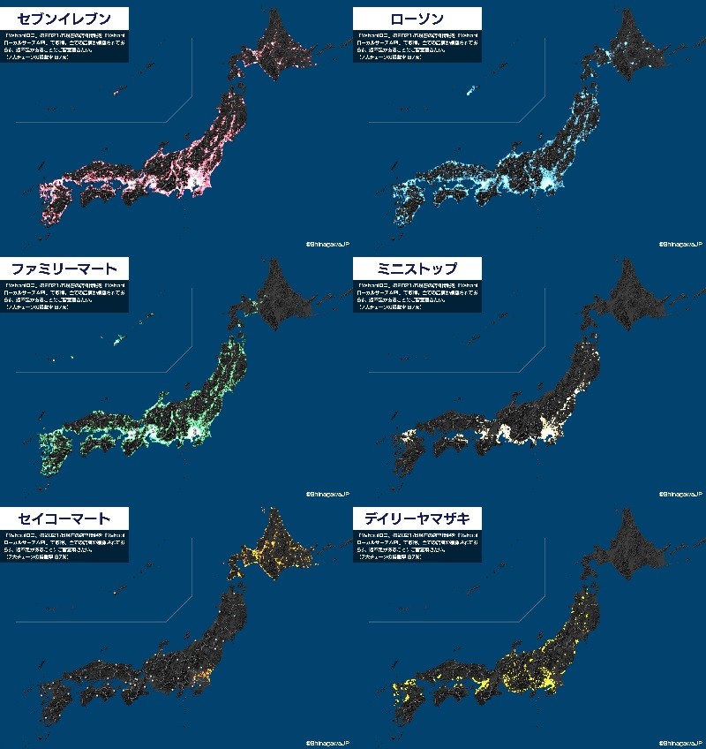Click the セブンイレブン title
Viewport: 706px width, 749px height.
click(65, 19)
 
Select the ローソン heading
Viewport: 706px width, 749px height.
click(417, 19)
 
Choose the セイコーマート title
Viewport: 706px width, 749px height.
click(65, 518)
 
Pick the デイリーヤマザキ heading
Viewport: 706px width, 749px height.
click(417, 518)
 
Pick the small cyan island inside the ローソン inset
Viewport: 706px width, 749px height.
click(469, 89)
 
